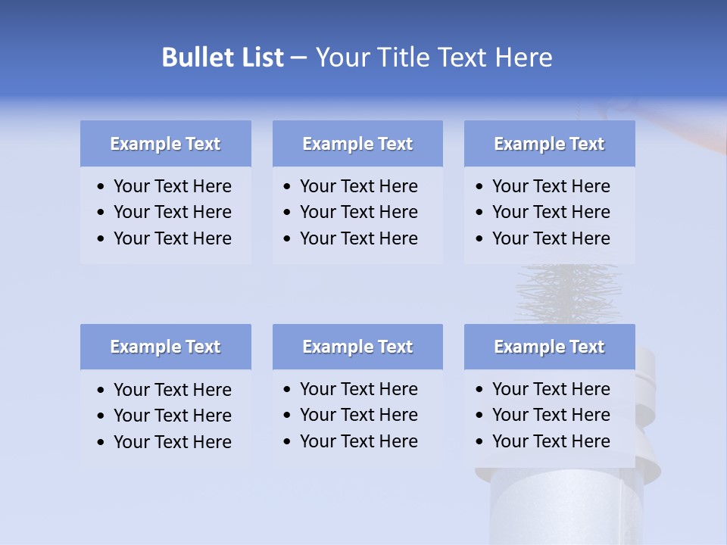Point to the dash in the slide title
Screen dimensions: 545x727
tap(298, 58)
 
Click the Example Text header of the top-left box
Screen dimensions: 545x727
tap(165, 144)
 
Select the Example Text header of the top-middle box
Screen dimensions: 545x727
tap(357, 144)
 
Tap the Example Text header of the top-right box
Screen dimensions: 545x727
tap(549, 144)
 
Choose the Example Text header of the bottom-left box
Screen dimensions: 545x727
tap(165, 347)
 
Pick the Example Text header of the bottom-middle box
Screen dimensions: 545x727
tap(357, 347)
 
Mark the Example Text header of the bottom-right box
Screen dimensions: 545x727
tap(549, 347)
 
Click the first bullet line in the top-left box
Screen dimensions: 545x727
tap(172, 186)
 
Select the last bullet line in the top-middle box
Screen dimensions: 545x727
tap(358, 238)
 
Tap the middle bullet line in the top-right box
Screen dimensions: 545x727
tap(551, 212)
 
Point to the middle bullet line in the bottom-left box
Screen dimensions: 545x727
tap(172, 416)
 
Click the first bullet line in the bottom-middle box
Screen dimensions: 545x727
tap(358, 389)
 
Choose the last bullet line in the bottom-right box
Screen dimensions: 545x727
tap(551, 441)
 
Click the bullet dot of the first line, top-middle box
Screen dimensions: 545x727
tap(287, 187)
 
